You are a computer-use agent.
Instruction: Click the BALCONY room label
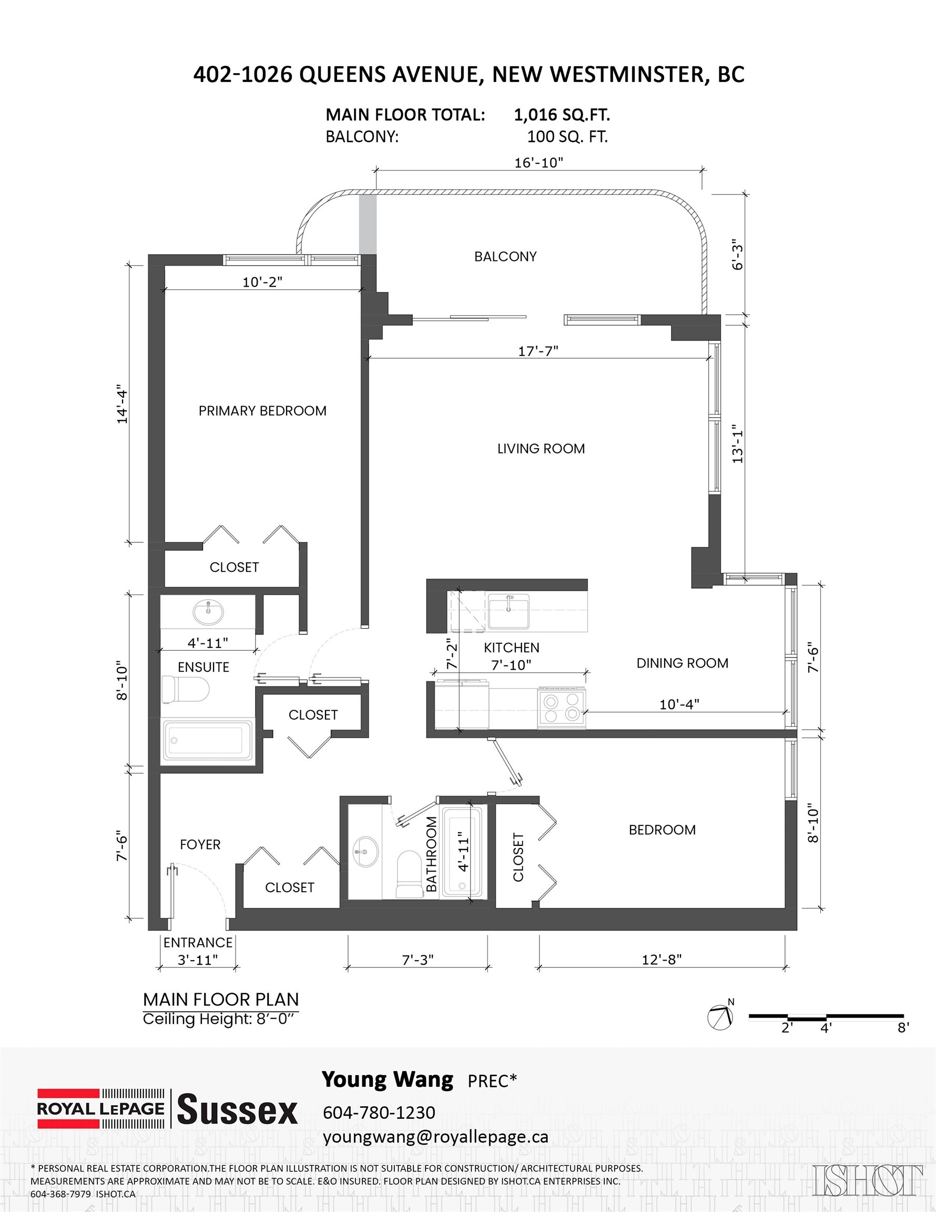click(505, 256)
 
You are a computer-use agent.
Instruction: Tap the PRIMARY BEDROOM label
click(262, 411)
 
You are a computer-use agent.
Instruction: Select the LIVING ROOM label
click(541, 448)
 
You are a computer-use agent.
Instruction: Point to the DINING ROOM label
click(682, 663)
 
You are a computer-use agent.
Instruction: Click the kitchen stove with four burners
click(561, 708)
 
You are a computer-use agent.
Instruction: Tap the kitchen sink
click(508, 611)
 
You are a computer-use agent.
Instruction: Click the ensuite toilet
click(185, 689)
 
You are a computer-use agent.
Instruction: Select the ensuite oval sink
click(208, 612)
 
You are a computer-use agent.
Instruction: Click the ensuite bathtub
click(207, 741)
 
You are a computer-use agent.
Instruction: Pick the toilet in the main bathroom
click(410, 873)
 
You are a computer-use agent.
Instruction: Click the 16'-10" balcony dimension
click(538, 163)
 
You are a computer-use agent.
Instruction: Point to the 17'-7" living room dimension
click(537, 351)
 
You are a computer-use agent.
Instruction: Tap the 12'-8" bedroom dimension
click(662, 959)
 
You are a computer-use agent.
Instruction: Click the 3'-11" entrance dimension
click(198, 959)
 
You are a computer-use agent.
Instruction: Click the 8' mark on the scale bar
click(903, 1028)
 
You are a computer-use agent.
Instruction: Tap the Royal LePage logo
click(101, 1108)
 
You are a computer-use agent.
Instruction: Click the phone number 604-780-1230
click(379, 1112)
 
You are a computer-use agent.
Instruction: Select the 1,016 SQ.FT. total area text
click(562, 115)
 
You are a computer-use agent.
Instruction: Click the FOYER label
click(200, 844)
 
